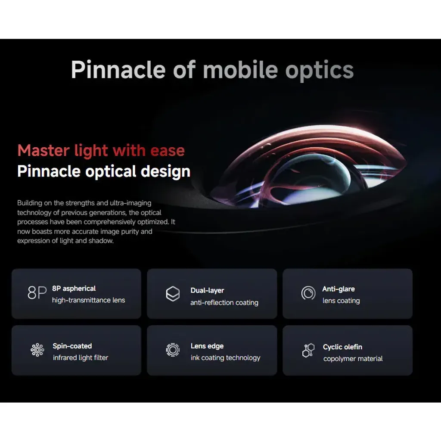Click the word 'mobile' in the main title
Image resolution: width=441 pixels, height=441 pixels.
pos(240,70)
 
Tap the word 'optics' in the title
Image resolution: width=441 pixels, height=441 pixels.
pos(320,71)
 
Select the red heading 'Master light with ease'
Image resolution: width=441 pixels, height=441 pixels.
pos(101,151)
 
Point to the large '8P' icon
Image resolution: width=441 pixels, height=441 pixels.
pos(37,293)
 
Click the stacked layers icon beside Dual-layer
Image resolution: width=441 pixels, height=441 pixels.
pos(173,294)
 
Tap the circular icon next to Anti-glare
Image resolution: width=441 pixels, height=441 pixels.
pos(308,293)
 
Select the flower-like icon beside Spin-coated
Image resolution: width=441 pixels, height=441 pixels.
pos(37,350)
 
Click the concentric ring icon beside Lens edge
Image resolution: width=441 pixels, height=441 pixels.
pos(173,350)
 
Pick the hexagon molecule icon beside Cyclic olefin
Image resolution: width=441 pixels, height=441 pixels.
pos(308,350)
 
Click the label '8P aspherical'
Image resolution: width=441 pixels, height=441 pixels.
pos(74,289)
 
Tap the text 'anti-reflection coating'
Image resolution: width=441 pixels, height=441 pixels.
pos(224,303)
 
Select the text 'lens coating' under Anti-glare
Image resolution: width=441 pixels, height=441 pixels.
pos(341,301)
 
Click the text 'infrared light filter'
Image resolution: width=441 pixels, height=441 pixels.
pos(81,358)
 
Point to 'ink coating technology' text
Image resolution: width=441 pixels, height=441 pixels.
pos(225,358)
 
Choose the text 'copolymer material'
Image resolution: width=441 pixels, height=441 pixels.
pos(353,359)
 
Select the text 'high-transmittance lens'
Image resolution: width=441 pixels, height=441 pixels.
pos(89,300)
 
